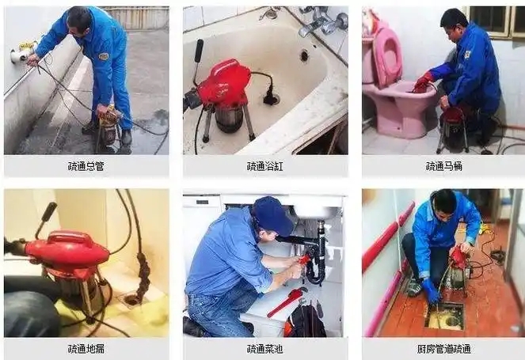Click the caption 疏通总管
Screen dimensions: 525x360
[86, 166]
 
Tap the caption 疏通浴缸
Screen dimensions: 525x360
[264, 166]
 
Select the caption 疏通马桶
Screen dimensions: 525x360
[444, 166]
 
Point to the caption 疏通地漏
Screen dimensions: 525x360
[86, 349]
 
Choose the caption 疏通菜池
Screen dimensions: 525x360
[264, 349]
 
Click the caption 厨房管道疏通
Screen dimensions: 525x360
[444, 349]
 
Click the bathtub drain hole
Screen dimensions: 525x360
[304, 55]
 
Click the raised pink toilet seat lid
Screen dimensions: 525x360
[387, 57]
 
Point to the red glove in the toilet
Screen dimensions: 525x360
[423, 82]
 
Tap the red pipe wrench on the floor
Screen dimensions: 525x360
[287, 301]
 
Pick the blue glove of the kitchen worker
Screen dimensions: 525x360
[430, 291]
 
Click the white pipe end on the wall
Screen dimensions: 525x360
[19, 55]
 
